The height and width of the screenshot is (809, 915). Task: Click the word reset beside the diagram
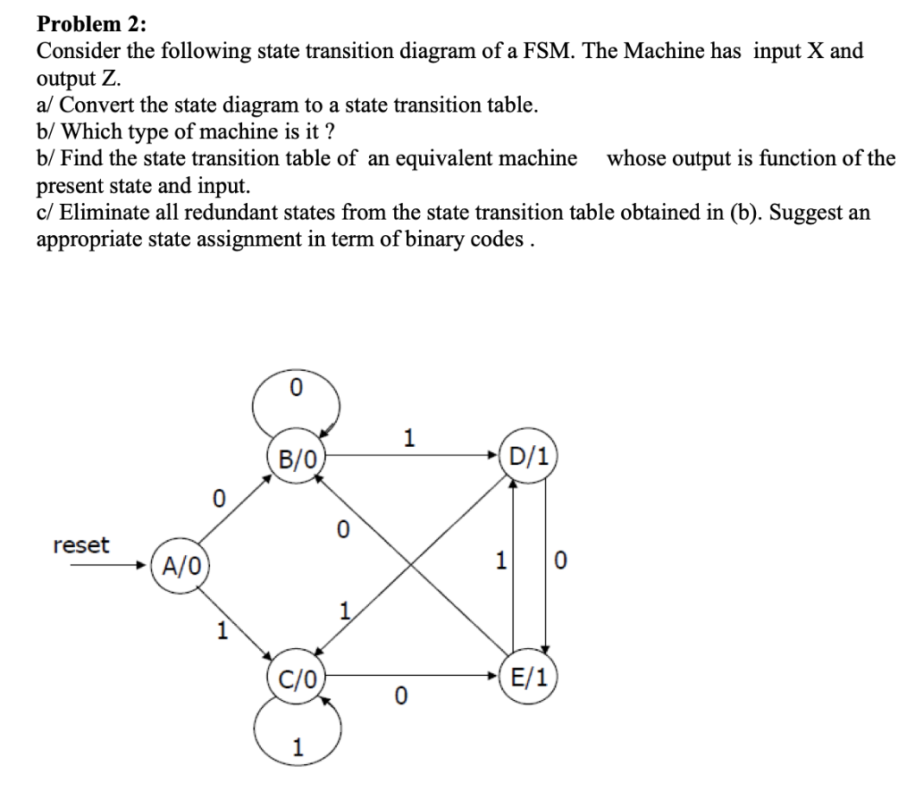(x=81, y=544)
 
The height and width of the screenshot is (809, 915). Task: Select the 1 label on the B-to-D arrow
(x=409, y=438)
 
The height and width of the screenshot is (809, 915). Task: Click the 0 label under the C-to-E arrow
(x=401, y=695)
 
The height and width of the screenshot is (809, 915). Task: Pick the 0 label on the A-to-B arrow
(x=217, y=497)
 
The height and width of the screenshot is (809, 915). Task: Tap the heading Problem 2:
(x=87, y=23)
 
